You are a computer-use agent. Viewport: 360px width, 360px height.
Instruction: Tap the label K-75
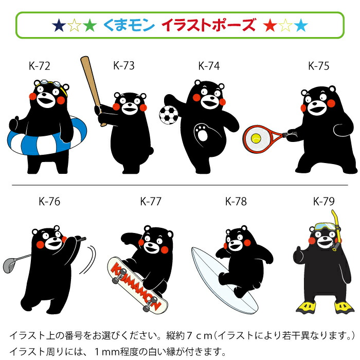pyautogui.click(x=318, y=66)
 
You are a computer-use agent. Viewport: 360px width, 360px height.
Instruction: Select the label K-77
pyautogui.click(x=151, y=201)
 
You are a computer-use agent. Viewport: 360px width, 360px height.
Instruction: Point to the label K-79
pyautogui.click(x=324, y=201)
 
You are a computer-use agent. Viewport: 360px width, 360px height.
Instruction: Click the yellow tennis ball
pyautogui.click(x=256, y=138)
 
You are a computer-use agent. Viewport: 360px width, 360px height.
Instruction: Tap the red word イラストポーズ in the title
pyautogui.click(x=208, y=24)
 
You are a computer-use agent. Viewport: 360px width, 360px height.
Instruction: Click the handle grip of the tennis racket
pyautogui.click(x=292, y=134)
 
